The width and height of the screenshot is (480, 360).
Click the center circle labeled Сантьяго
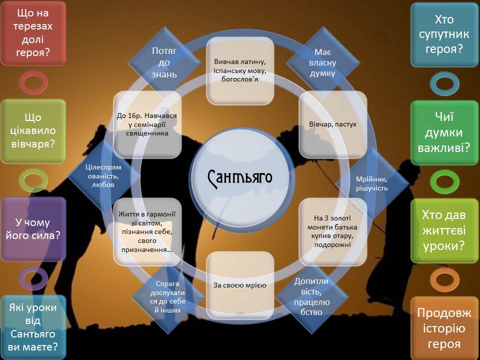point(240,177)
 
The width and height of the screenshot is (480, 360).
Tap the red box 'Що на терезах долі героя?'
point(33,33)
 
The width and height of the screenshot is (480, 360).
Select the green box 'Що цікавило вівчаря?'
point(33,131)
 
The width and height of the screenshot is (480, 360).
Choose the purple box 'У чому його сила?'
point(33,229)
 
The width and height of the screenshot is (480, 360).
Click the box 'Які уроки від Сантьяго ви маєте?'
point(33,327)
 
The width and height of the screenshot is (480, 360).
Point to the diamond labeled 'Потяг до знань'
point(160,62)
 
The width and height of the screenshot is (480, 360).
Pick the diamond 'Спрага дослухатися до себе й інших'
point(167,295)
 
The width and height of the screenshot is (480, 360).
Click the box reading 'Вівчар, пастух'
point(332,124)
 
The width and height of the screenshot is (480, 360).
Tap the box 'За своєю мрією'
point(240,285)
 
